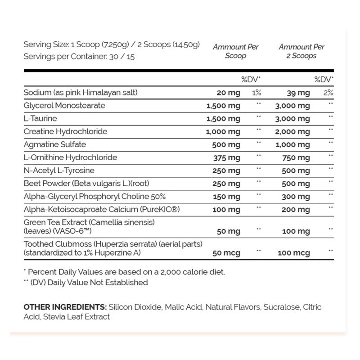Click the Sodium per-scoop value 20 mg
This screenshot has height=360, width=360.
[228, 93]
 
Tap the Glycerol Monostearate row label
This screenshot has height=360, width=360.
[64, 106]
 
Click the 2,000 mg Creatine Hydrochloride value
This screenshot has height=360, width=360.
[292, 132]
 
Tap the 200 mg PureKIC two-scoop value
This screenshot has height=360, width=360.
[296, 210]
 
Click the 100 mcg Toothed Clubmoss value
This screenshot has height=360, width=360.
[294, 253]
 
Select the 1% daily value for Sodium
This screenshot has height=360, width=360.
[256, 93]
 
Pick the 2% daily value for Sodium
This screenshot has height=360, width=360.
[329, 93]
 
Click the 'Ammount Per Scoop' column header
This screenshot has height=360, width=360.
[236, 51]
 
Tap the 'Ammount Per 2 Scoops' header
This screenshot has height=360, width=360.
[301, 51]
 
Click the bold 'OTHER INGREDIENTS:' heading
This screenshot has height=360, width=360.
[65, 307]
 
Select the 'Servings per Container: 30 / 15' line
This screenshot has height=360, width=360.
[79, 57]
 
